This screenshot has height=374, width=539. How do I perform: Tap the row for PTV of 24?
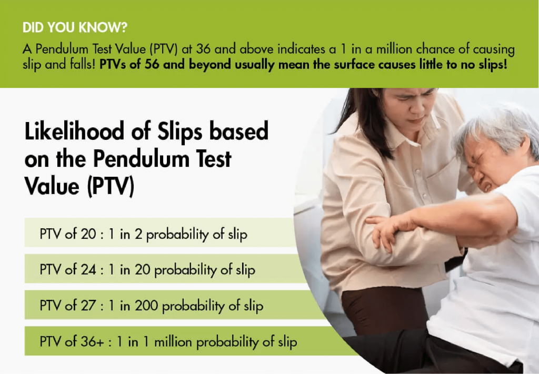point(147,270)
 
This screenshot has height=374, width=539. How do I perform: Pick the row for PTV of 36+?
point(168,342)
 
